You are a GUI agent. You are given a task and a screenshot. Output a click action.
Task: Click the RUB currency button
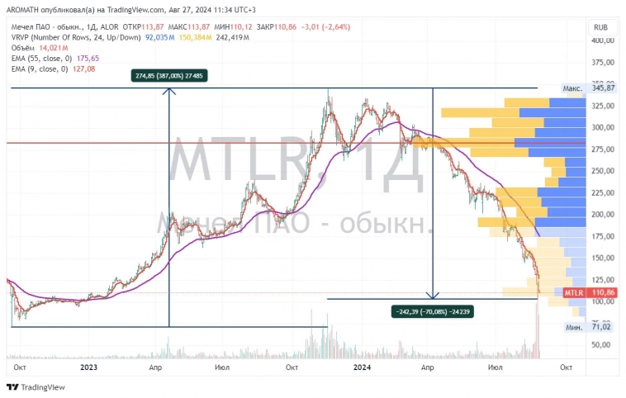pos(600,26)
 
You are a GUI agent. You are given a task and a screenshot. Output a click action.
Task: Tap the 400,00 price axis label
pos(603,40)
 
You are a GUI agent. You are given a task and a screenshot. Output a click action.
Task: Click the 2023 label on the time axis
pos(88,366)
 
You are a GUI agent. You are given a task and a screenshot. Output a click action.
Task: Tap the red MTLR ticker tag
pos(574,293)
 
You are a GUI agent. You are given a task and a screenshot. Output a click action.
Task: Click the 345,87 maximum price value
pos(603,88)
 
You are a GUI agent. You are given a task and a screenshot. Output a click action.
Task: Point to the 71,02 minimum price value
pos(603,327)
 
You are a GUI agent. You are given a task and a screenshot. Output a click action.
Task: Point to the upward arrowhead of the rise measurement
pos(169,91)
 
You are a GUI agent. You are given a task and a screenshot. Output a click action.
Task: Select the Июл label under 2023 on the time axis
pos(221,366)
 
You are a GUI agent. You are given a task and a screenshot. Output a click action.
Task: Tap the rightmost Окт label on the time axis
pos(566,366)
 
